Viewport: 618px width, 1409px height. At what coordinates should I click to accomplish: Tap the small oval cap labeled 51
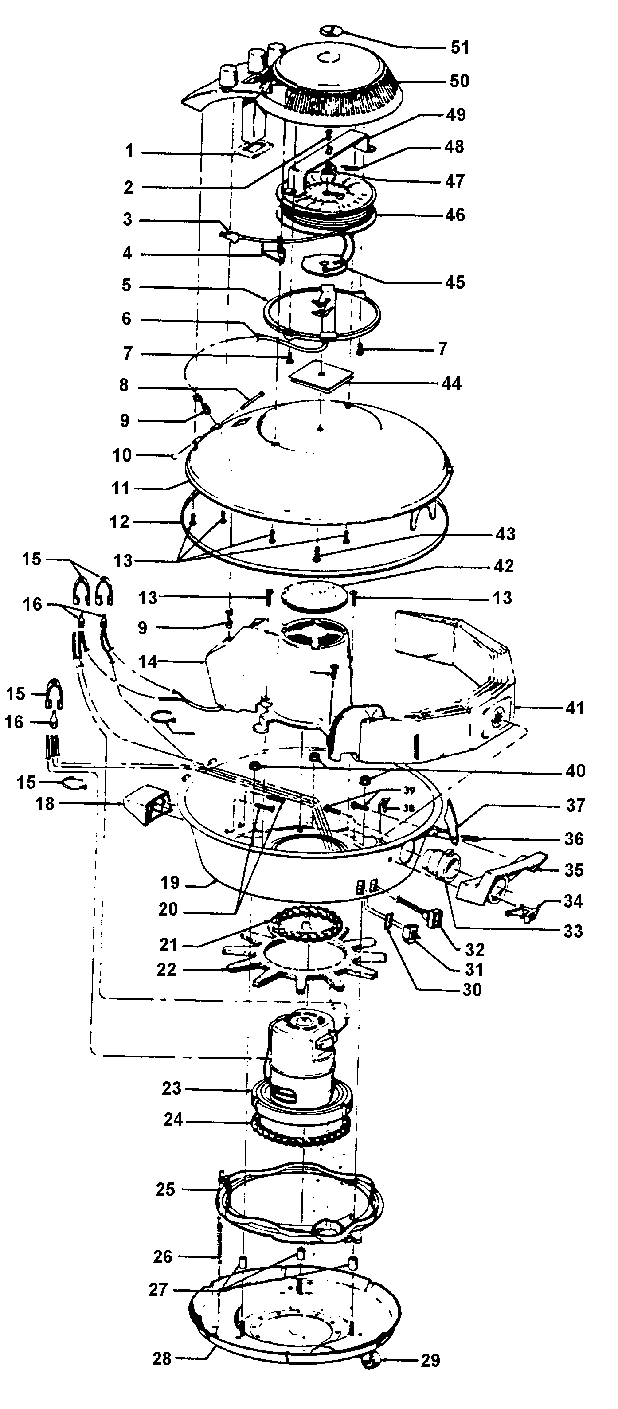click(330, 31)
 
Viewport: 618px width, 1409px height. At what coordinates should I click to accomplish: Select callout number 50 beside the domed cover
click(459, 81)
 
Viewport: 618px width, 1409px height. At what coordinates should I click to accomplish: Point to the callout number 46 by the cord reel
click(455, 215)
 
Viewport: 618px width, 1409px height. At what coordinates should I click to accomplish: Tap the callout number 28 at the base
click(162, 1358)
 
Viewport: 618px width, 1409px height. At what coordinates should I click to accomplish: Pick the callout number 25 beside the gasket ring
click(165, 1189)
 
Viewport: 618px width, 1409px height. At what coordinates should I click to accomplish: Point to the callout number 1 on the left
click(129, 150)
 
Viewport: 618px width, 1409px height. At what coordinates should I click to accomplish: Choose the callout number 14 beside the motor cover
click(148, 662)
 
